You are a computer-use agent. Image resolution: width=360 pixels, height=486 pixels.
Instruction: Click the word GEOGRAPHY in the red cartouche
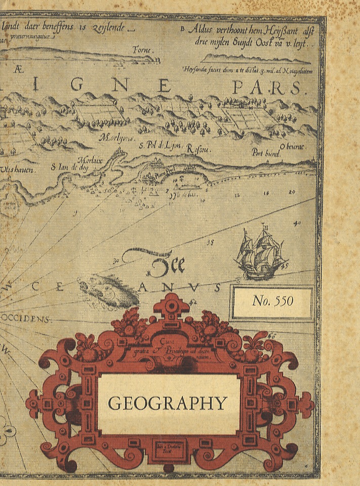point(168,403)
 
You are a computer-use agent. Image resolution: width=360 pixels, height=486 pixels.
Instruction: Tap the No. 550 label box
point(273,302)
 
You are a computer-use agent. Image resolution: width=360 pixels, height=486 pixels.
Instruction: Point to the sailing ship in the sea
point(260,253)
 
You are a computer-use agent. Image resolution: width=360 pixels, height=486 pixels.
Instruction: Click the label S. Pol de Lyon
point(161,146)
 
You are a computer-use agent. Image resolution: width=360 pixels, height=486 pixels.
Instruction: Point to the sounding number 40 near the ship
point(297,223)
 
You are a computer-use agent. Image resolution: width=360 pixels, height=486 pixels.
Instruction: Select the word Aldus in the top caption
point(198,30)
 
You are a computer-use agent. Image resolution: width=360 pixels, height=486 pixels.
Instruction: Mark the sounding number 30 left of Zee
point(116,261)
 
